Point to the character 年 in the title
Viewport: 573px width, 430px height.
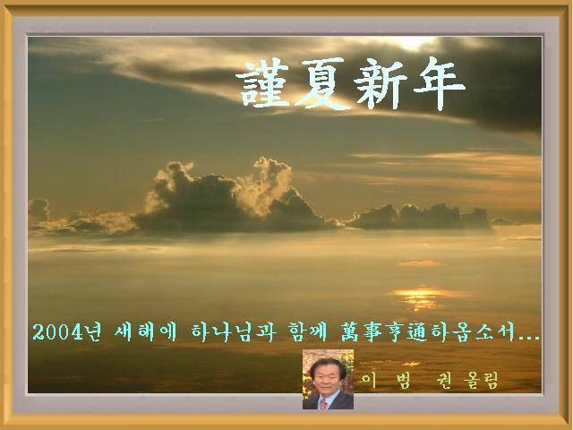point(438,83)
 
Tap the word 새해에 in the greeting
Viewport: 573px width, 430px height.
point(145,332)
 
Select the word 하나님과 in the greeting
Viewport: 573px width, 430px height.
point(232,332)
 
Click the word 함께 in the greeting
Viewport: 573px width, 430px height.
point(307,332)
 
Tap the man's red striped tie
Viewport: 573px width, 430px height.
point(323,403)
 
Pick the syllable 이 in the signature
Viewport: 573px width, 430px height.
point(369,381)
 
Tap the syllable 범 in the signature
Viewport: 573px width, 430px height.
point(402,381)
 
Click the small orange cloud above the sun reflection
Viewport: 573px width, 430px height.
point(420,262)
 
